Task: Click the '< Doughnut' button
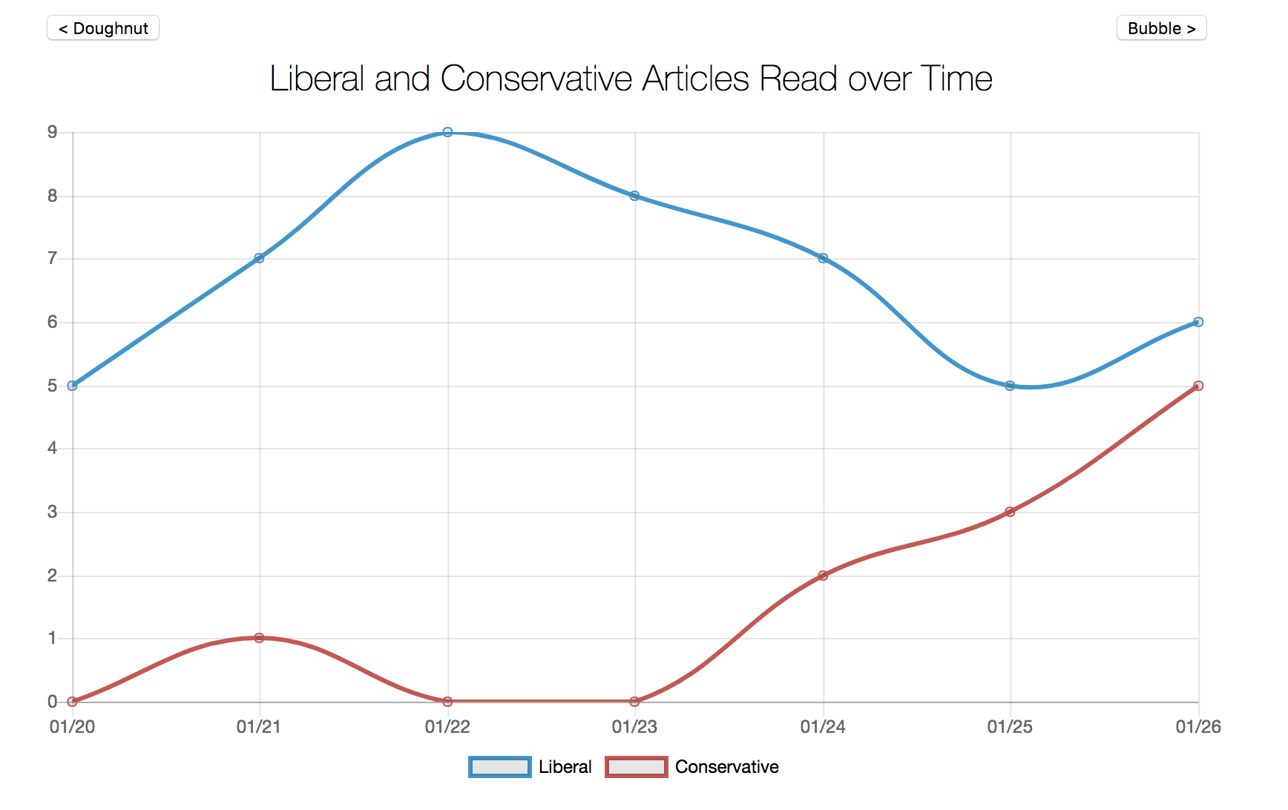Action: [103, 28]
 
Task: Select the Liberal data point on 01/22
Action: [447, 132]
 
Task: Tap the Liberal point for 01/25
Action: [1010, 386]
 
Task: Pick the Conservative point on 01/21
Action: [259, 638]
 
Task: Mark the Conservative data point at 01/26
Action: [1198, 386]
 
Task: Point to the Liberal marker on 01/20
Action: [72, 386]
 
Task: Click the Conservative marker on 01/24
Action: [823, 576]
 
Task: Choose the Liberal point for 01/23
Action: [634, 196]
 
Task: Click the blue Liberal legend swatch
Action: [500, 767]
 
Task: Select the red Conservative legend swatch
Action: [636, 767]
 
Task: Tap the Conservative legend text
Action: [726, 767]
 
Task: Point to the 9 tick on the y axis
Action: [52, 132]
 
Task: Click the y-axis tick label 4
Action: [52, 448]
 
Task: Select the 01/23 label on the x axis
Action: [634, 727]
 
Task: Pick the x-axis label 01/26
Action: [1197, 727]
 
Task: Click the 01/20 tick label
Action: [72, 727]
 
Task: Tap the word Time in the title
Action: [956, 79]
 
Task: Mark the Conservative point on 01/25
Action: [1010, 512]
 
